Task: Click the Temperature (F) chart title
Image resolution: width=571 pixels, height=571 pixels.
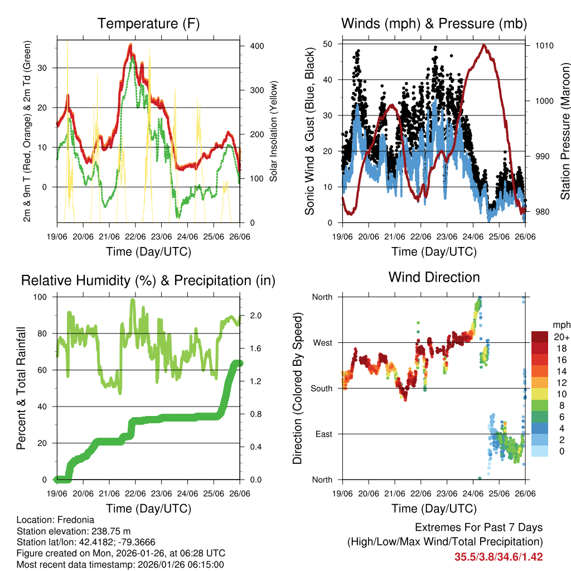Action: (x=148, y=23)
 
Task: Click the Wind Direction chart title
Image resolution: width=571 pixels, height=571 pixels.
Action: (x=434, y=277)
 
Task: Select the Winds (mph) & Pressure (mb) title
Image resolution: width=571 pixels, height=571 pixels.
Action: (x=434, y=23)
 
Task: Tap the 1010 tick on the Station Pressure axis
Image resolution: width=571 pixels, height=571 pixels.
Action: (x=543, y=45)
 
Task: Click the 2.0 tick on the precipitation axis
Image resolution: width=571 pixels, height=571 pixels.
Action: (x=256, y=315)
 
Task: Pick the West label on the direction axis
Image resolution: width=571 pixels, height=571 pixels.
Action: (x=322, y=342)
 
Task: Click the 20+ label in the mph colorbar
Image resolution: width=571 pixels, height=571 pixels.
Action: (x=561, y=337)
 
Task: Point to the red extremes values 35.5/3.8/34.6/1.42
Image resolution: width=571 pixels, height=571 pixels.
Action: (x=499, y=557)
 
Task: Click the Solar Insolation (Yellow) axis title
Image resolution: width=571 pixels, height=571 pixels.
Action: (x=274, y=132)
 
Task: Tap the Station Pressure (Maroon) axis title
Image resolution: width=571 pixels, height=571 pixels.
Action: (x=565, y=132)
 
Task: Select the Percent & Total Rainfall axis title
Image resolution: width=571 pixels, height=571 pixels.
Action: (x=21, y=388)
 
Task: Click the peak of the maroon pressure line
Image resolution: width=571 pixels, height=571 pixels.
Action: (x=483, y=45)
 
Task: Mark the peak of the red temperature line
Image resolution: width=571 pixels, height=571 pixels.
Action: (x=130, y=45)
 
